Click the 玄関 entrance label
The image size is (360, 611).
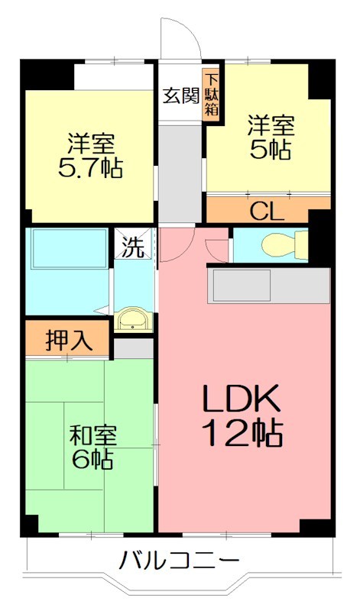(180, 97)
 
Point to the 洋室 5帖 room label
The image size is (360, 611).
(269, 137)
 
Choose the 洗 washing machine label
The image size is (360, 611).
(134, 247)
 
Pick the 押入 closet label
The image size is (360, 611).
(69, 341)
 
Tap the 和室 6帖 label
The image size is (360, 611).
(92, 448)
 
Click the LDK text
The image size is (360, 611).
(242, 399)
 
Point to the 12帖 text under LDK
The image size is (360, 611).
(242, 433)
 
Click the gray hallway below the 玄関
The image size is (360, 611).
(180, 168)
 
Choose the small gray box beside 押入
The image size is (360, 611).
(134, 348)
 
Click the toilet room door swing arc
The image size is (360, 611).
(218, 246)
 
